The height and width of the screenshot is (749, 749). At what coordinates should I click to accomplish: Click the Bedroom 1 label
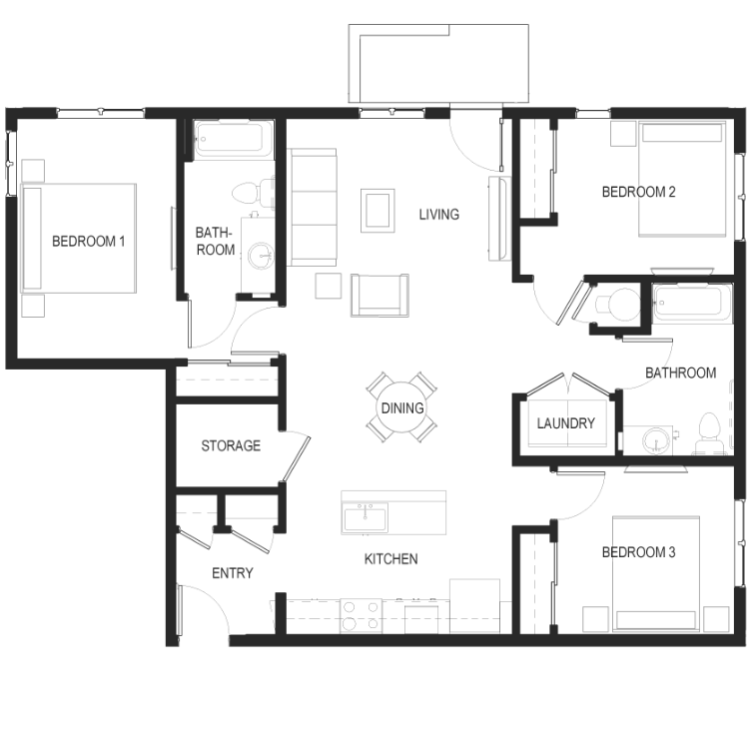[x=88, y=242]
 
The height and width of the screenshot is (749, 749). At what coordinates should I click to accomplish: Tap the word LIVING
[x=439, y=215]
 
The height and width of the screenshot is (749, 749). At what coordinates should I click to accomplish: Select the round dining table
[x=402, y=407]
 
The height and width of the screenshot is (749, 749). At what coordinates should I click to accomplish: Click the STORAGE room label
[x=231, y=445]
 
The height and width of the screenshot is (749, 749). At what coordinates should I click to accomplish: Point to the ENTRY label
[x=232, y=573]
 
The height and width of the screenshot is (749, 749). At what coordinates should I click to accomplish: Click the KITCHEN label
[x=390, y=559]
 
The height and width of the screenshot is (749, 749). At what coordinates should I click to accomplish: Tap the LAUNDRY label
[x=565, y=423]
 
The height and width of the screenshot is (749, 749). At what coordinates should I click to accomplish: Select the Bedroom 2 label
[x=638, y=192]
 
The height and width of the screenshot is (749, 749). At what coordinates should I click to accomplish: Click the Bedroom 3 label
[x=638, y=552]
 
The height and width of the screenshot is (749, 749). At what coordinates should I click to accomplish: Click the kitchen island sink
[x=366, y=517]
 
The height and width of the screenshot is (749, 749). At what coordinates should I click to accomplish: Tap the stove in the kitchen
[x=361, y=616]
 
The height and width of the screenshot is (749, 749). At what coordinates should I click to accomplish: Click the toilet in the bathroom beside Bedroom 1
[x=254, y=192]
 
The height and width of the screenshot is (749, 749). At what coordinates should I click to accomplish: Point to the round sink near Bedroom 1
[x=261, y=256]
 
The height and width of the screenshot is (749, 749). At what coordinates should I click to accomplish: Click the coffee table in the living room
[x=377, y=211]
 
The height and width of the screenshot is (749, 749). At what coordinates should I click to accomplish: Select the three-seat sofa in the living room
[x=312, y=207]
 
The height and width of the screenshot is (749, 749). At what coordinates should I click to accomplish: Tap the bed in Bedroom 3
[x=656, y=573]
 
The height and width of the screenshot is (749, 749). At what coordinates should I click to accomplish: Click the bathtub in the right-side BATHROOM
[x=692, y=303]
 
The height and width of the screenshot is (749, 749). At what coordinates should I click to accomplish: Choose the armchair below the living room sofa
[x=379, y=296]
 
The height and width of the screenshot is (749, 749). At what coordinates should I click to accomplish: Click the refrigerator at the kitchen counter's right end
[x=474, y=606]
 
